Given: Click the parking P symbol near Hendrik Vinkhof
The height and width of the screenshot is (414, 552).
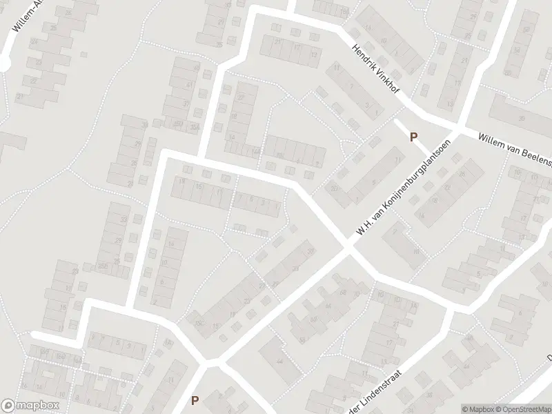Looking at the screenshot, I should [x=413, y=137].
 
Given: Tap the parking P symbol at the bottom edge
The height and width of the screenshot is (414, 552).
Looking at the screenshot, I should [x=195, y=400].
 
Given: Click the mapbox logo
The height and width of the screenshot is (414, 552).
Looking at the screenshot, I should [x=30, y=406].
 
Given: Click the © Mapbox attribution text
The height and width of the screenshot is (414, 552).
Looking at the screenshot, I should [x=477, y=409].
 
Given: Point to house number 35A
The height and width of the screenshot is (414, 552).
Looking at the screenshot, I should [x=195, y=126].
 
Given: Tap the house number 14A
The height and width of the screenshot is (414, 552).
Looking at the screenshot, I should [x=257, y=150].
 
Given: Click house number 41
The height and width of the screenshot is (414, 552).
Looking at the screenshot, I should [x=190, y=86].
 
